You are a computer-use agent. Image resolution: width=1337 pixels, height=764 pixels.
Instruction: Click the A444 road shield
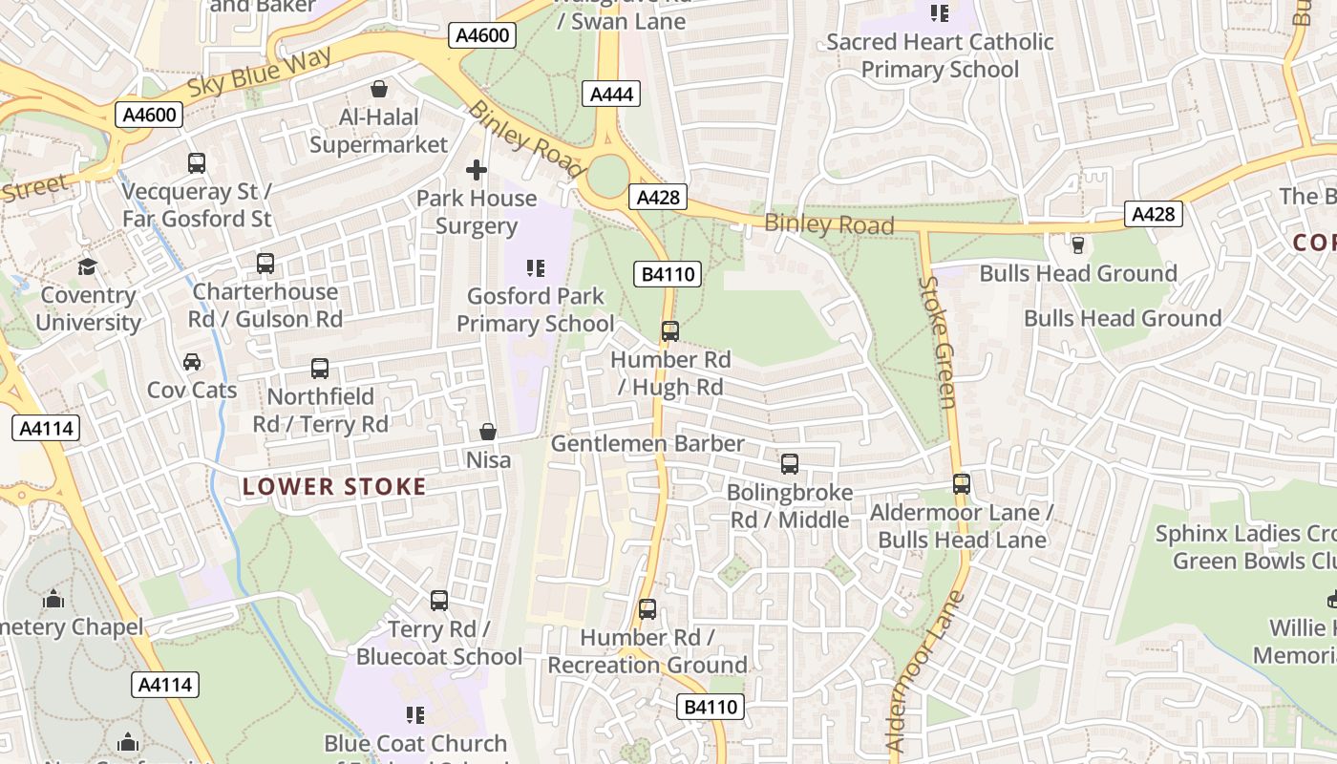pyautogui.click(x=610, y=94)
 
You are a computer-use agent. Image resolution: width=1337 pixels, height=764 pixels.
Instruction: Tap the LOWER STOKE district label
pyautogui.click(x=334, y=487)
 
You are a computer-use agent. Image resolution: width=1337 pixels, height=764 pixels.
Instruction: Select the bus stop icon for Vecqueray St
pyautogui.click(x=197, y=163)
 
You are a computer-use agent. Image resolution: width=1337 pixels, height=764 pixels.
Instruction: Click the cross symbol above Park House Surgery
pyautogui.click(x=477, y=170)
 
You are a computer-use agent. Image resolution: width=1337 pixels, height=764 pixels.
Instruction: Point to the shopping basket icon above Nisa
pyautogui.click(x=488, y=433)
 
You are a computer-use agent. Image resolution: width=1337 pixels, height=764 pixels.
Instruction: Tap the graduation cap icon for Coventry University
pyautogui.click(x=88, y=266)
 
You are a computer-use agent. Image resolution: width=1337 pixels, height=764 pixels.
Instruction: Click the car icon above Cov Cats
pyautogui.click(x=192, y=362)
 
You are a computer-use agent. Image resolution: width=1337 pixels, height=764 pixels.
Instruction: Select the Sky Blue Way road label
pyautogui.click(x=260, y=71)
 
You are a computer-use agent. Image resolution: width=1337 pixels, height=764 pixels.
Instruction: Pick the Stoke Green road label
pyautogui.click(x=939, y=341)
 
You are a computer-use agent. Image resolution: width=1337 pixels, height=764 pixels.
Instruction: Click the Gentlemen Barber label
pyautogui.click(x=647, y=444)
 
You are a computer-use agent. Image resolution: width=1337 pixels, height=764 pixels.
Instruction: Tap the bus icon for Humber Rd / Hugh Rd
pyautogui.click(x=670, y=331)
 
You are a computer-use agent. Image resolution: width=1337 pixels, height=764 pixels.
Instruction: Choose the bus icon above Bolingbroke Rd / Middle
pyautogui.click(x=790, y=464)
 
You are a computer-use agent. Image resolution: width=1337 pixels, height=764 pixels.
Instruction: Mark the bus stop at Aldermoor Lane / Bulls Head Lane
pyautogui.click(x=962, y=484)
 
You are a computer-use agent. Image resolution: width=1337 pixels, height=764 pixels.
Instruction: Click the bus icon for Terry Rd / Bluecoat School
pyautogui.click(x=439, y=601)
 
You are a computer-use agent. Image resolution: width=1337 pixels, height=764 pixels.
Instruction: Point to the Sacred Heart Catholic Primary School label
pyautogui.click(x=940, y=55)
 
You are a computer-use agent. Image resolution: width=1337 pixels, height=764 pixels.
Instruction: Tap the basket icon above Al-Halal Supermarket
pyautogui.click(x=379, y=90)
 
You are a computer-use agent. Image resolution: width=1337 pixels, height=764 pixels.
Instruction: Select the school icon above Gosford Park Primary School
pyautogui.click(x=536, y=268)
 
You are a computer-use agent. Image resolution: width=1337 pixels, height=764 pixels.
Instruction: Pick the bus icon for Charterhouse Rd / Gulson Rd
pyautogui.click(x=265, y=263)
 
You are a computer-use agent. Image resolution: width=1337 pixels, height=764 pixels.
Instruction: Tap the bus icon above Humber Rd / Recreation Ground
pyautogui.click(x=647, y=609)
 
